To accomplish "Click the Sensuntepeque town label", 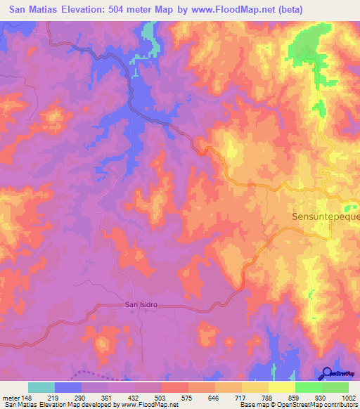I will pos(325,217).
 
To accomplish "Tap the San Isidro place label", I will pos(140,305).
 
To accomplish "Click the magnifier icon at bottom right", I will pos(328,373).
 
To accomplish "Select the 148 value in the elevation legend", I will pos(27,398).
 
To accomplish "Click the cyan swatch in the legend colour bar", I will pos(41,387).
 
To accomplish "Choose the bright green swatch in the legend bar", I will pos(308,387).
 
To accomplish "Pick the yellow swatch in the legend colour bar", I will pos(281,387).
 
